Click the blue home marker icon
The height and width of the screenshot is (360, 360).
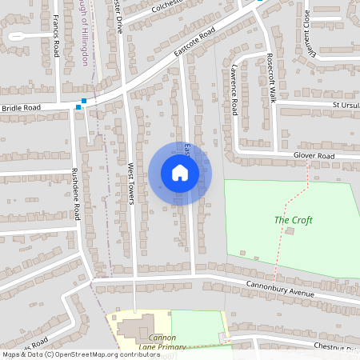tap(180, 173)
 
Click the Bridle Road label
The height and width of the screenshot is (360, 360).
tap(21, 107)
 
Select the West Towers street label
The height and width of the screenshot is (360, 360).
tap(130, 183)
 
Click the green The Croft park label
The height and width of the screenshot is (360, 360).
tap(294, 220)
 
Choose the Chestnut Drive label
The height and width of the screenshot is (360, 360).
tap(337, 346)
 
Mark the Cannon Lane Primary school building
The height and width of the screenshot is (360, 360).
tap(136, 328)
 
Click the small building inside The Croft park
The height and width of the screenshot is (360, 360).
tap(290, 230)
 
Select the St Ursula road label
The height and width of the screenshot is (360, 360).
tap(346, 104)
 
